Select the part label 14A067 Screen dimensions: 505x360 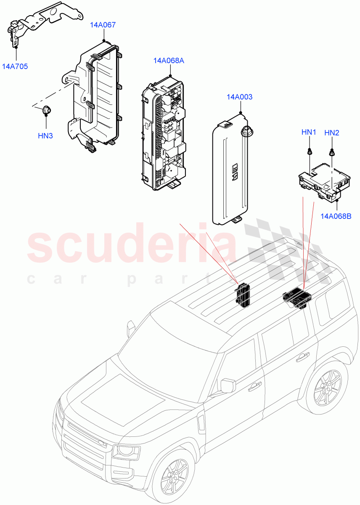tap(102, 25)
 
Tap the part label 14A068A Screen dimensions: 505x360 tap(169, 61)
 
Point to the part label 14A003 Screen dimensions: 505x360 tap(239, 97)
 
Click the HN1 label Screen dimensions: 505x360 tap(309, 132)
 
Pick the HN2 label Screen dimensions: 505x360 tap(332, 133)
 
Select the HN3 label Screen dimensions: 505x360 tap(46, 136)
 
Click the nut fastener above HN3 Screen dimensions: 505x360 tap(46, 111)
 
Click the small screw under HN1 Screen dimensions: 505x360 tap(310, 151)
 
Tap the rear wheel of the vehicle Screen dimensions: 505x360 tap(328, 390)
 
